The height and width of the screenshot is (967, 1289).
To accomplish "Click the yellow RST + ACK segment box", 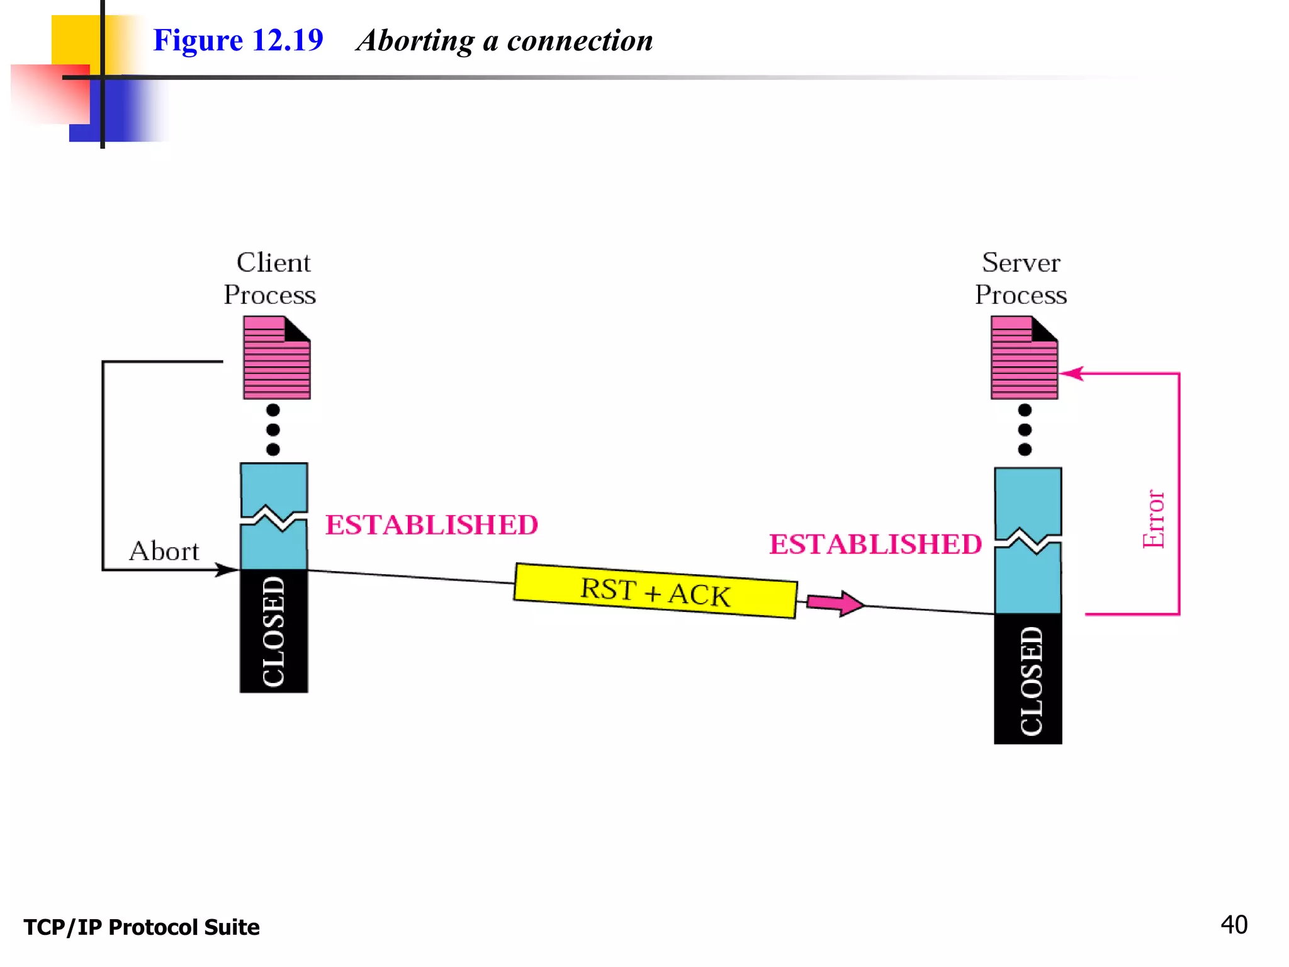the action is click(655, 591).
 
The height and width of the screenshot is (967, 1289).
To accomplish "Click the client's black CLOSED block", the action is click(274, 631).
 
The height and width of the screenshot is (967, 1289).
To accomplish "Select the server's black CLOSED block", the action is click(1028, 679).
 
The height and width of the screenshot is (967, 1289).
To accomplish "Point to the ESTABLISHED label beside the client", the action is click(432, 525).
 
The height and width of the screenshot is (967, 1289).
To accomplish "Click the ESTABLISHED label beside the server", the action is click(875, 545).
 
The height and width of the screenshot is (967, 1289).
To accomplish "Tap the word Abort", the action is click(164, 551).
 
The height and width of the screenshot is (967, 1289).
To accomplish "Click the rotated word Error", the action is click(1153, 519).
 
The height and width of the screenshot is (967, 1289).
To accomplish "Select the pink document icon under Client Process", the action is click(276, 358).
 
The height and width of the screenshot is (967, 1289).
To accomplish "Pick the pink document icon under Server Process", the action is click(1024, 358).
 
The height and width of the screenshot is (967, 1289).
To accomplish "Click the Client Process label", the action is click(271, 278).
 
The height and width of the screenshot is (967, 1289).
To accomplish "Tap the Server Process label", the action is click(1021, 278).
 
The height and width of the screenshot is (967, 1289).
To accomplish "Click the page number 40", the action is click(1234, 925).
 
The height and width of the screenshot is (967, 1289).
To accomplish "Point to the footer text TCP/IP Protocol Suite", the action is click(142, 927).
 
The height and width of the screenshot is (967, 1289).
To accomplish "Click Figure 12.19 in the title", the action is click(238, 40).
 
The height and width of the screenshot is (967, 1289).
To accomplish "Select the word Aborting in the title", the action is click(415, 42).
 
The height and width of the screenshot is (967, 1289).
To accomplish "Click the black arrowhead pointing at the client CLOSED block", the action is click(227, 570).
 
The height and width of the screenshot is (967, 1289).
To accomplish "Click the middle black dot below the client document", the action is click(273, 430).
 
